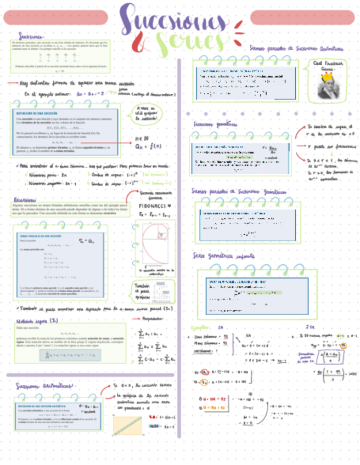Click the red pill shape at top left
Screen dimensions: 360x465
[x=55, y=18]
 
